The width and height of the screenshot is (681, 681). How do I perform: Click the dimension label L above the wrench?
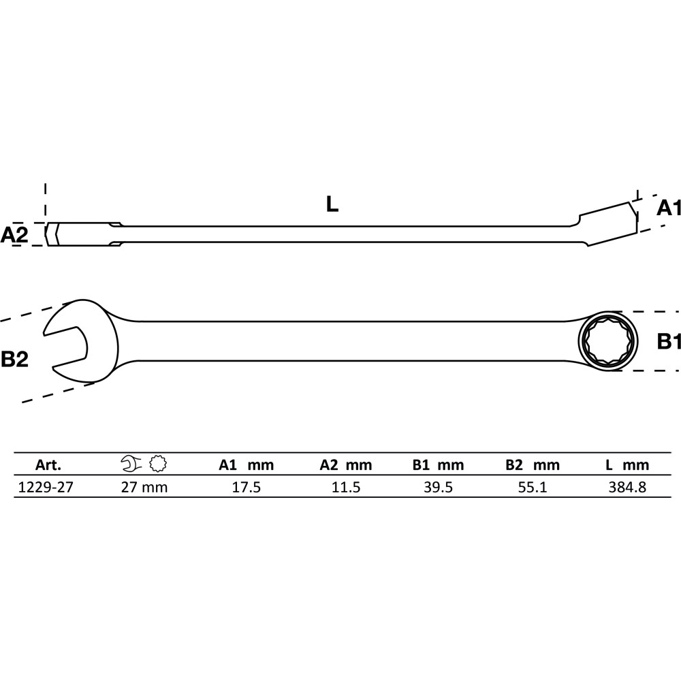332,204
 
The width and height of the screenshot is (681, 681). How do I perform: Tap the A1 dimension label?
669,208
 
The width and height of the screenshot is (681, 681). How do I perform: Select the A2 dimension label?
14,235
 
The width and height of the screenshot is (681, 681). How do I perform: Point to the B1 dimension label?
669,342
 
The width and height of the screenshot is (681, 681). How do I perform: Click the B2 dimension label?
14,359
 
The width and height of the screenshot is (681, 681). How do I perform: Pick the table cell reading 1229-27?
46,487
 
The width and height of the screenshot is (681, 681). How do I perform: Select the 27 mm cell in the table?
144,487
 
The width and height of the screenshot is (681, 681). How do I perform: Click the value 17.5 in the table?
247,487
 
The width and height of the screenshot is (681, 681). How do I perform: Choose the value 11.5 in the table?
346,487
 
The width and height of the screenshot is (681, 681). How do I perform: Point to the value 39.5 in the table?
438,487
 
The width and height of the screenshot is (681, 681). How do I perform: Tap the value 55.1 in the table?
533,487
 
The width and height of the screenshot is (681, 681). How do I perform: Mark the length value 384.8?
627,487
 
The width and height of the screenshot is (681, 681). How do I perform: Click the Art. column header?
48,465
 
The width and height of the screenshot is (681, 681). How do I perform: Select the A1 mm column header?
247,465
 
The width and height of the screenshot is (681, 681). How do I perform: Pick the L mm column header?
627,465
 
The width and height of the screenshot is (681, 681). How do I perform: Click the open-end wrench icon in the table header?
131,463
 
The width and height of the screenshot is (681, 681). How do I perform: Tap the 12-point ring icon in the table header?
158,463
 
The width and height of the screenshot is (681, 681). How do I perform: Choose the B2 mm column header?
533,465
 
